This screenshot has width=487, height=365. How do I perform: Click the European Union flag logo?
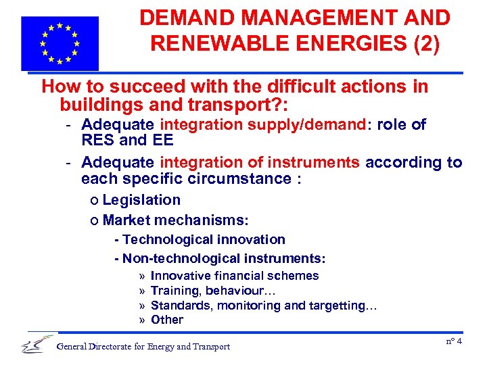pos(60,43)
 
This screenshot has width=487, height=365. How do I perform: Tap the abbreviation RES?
pos(97,141)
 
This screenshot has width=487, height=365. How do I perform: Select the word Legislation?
pos(141,200)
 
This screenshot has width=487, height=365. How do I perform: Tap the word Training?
pos(173,291)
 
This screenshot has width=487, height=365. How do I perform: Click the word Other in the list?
pos(167,320)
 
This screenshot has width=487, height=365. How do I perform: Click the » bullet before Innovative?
pos(142,276)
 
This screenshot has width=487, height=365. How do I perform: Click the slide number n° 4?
pos(454,341)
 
